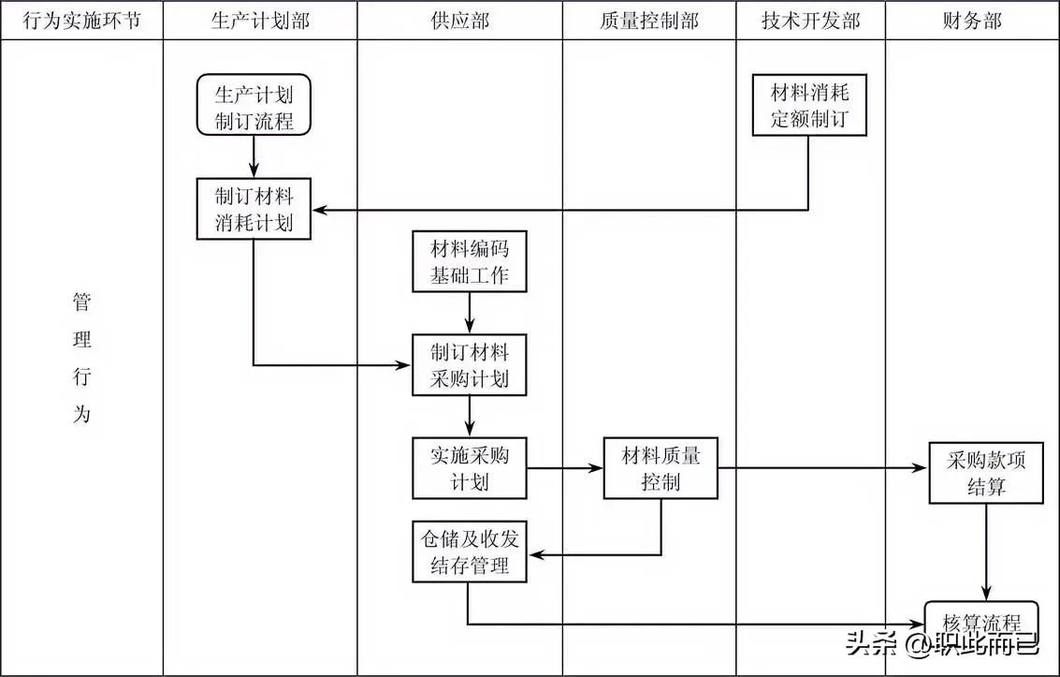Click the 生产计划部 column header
260,21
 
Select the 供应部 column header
460,21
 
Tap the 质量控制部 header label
648,21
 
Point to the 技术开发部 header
810,21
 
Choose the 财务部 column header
972,21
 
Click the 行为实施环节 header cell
82,21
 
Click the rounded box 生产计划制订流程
254,107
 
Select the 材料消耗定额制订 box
810,106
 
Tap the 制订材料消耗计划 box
254,209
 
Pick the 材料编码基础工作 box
470,261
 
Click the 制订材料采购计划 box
470,364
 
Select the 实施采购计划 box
470,468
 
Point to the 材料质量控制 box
661,468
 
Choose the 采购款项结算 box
986,473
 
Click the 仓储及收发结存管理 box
470,552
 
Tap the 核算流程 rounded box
981,622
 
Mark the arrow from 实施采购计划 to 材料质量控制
565,468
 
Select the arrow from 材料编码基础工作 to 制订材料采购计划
470,313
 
